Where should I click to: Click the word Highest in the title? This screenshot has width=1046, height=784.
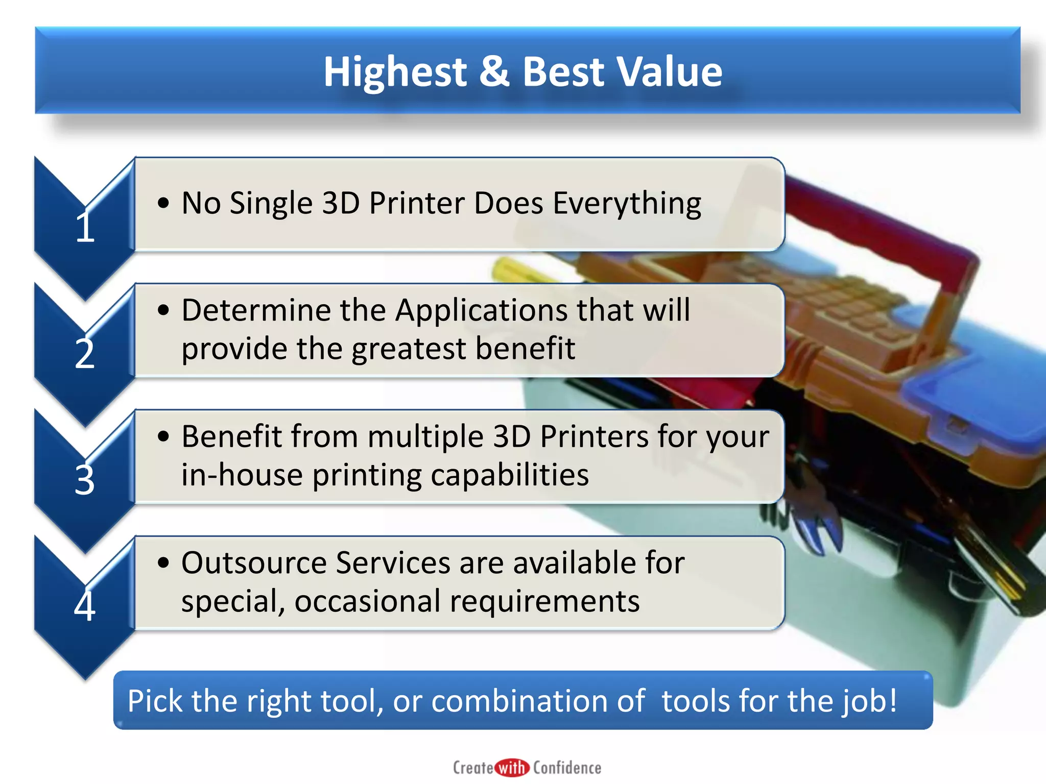click(x=395, y=72)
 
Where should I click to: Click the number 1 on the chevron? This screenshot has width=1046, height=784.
click(x=85, y=227)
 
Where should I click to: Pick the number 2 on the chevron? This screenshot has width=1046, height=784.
click(x=85, y=354)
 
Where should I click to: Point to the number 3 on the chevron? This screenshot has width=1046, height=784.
click(x=85, y=480)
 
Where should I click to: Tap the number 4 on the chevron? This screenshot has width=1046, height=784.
click(x=85, y=606)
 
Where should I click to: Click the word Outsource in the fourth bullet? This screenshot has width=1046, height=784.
click(x=254, y=563)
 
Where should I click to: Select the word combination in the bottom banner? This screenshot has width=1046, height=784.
click(x=538, y=701)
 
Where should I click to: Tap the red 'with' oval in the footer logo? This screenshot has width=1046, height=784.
click(x=512, y=768)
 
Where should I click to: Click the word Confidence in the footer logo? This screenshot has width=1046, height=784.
click(x=567, y=768)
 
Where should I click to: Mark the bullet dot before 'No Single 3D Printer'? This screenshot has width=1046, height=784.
click(x=163, y=203)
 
